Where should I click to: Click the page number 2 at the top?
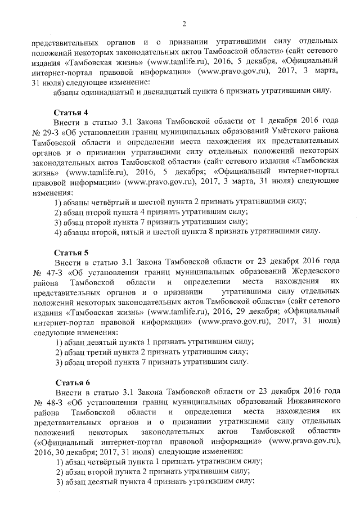pos(183,23)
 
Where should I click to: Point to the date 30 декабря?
pos(68,451)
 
